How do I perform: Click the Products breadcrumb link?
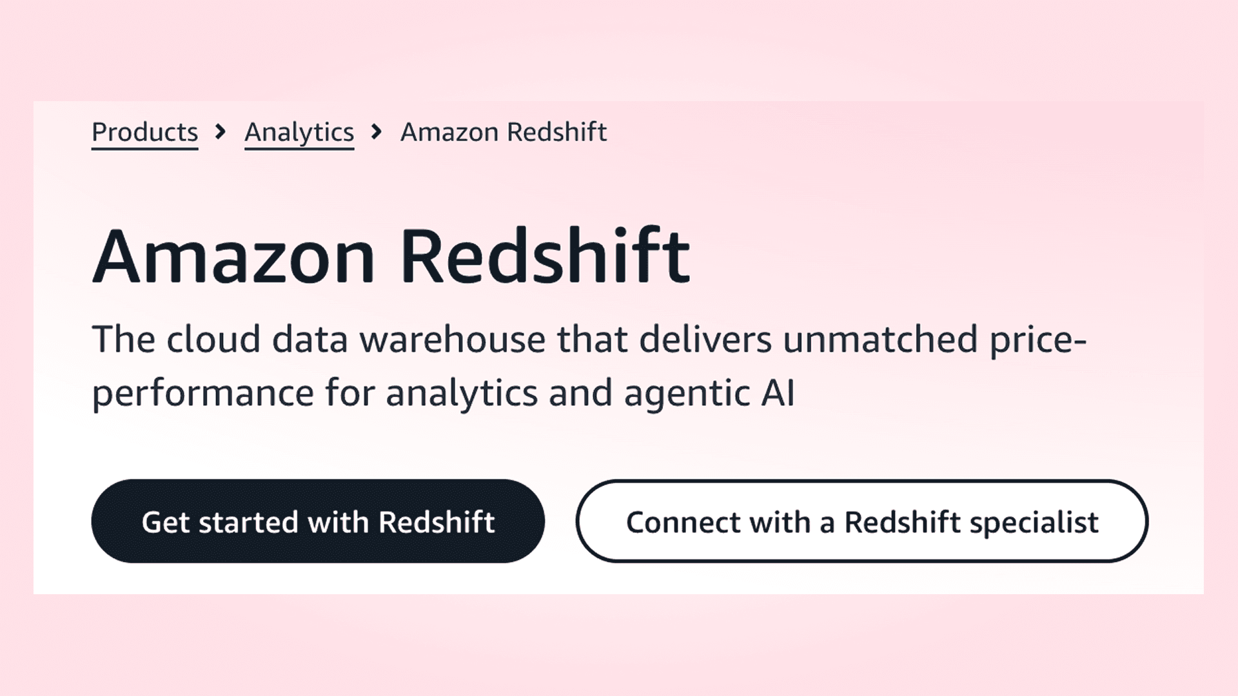tap(144, 133)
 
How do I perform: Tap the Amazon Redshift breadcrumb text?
tap(504, 132)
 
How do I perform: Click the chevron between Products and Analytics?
tap(221, 132)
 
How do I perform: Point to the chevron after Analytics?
tap(377, 132)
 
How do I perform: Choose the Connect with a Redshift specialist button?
tap(862, 521)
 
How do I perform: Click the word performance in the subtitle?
tap(203, 394)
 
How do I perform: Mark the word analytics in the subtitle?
tap(462, 394)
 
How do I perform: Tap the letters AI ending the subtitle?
tap(778, 393)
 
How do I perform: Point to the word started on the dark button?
tap(249, 523)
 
